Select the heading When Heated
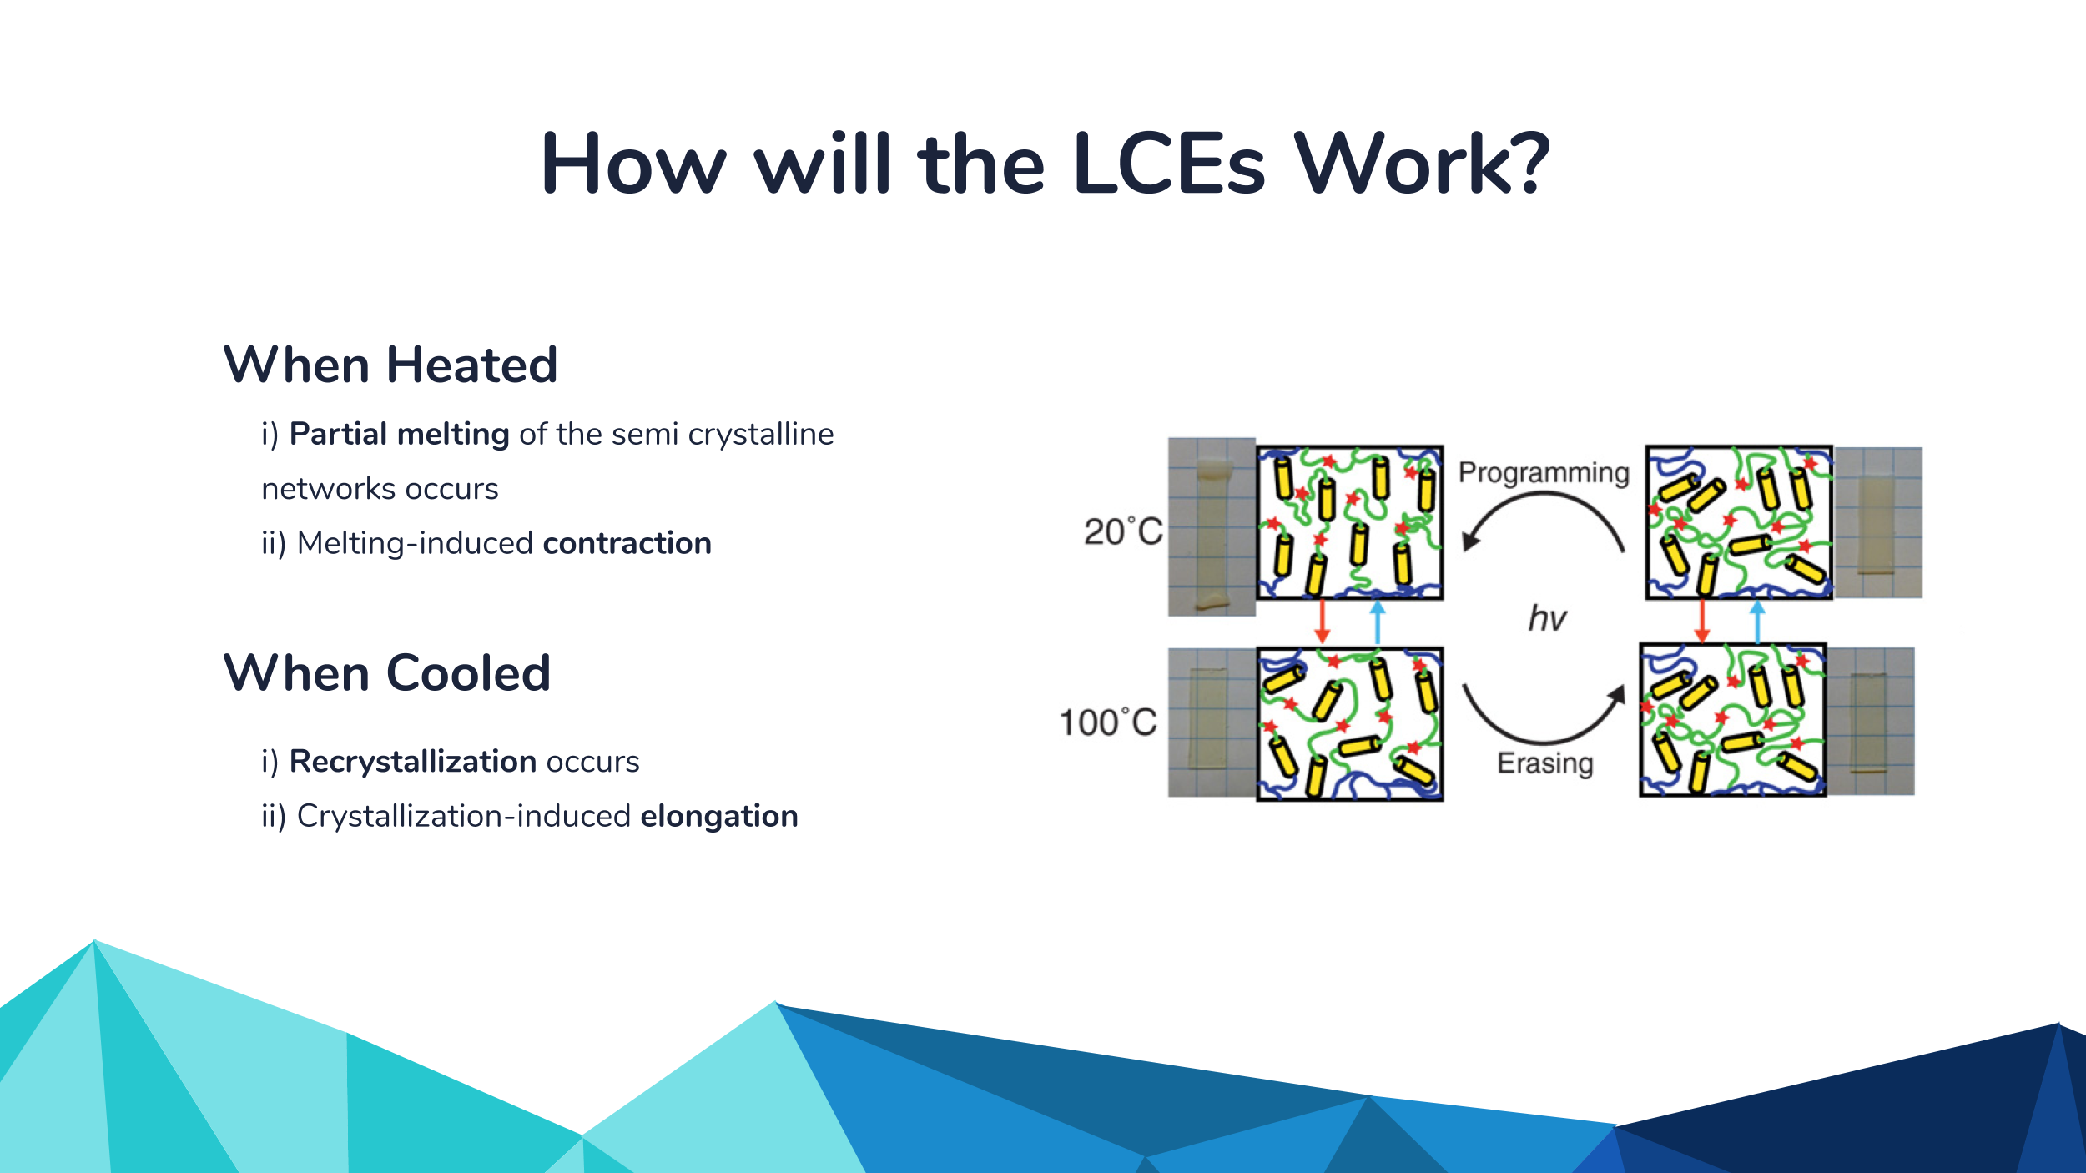coord(390,365)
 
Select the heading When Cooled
coord(387,673)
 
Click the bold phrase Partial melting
coord(399,435)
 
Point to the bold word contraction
coord(627,543)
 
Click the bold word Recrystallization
coord(412,763)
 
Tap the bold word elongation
coord(719,817)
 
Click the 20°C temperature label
coord(1123,531)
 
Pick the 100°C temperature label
coord(1108,722)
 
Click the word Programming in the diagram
coord(1544,473)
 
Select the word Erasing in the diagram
coord(1545,763)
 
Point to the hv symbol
coord(1547,618)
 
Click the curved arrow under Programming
coord(1544,495)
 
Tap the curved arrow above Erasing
coord(1544,741)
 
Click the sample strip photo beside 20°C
coord(1212,527)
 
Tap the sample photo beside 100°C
coord(1212,722)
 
